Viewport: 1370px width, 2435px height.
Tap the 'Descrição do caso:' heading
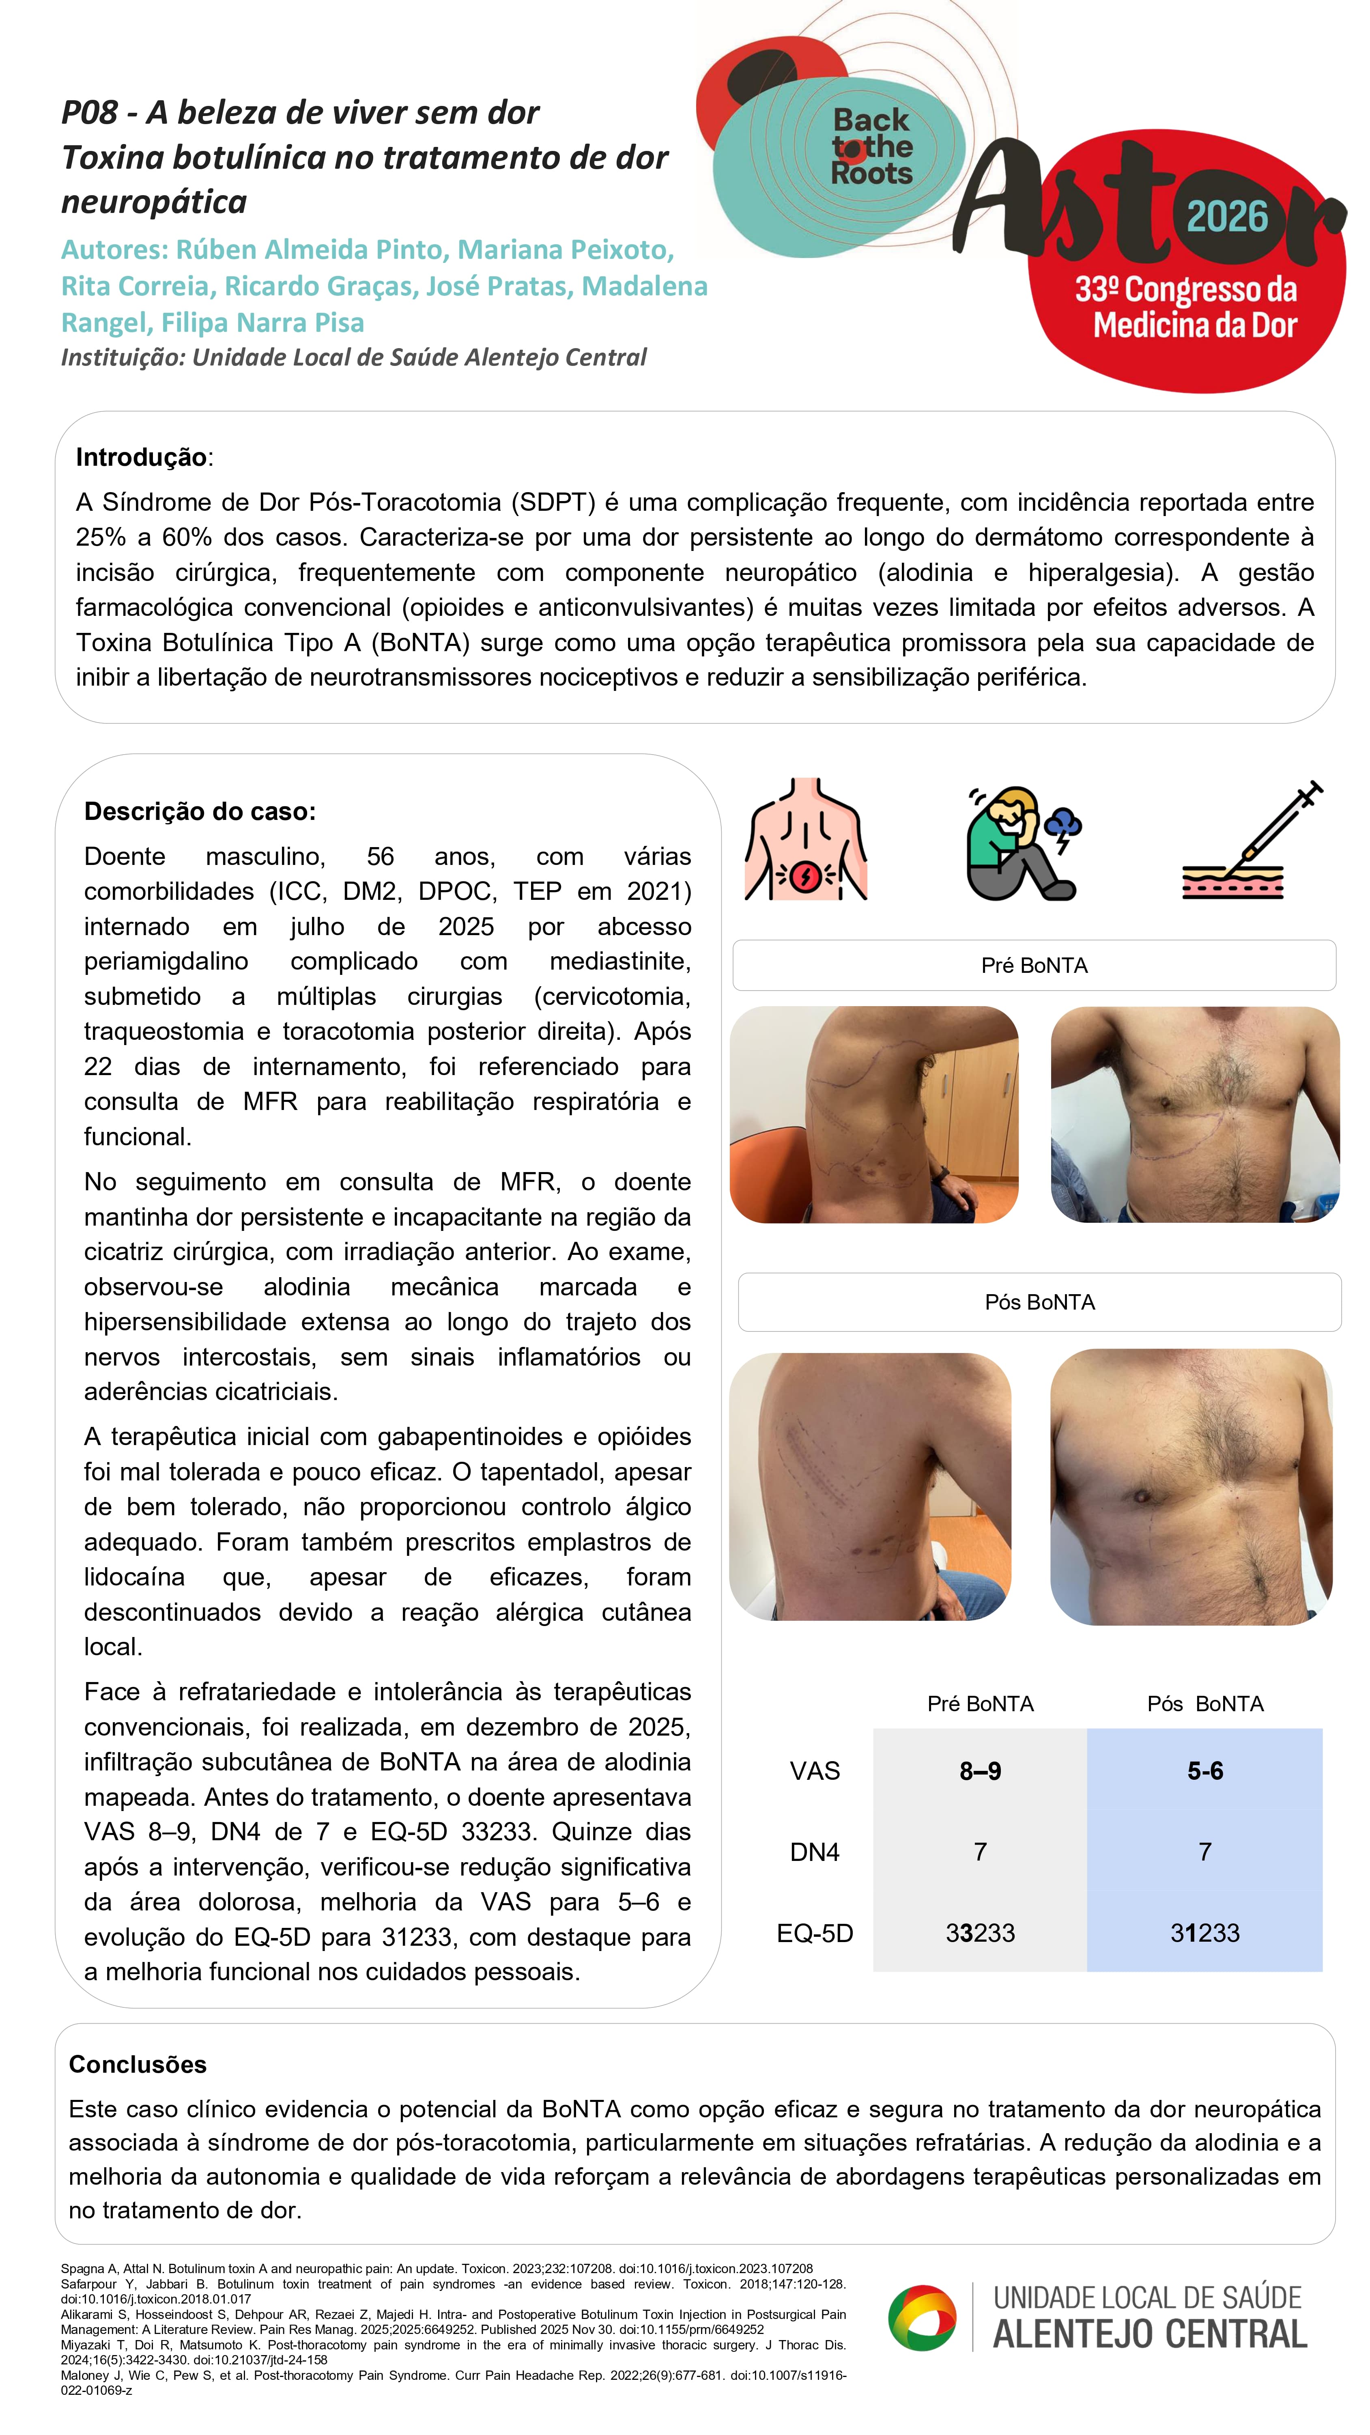(200, 811)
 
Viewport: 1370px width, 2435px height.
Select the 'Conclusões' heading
(137, 2065)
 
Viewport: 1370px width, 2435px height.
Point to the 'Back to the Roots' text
(871, 146)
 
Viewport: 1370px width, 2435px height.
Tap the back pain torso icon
(806, 839)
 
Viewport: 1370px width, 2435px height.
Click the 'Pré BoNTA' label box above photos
(1033, 965)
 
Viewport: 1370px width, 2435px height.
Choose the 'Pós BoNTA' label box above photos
(1039, 1301)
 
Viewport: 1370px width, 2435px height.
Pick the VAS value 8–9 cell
(979, 1770)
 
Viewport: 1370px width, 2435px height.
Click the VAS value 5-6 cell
(1204, 1770)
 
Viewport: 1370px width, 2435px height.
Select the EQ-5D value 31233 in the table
(1204, 1933)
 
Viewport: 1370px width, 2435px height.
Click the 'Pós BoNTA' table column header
(1204, 1704)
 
